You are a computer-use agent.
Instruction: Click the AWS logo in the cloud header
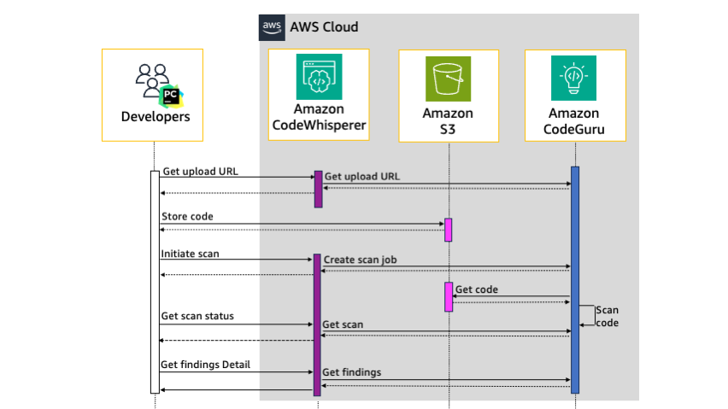click(273, 26)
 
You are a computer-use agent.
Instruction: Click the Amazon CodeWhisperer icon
click(318, 79)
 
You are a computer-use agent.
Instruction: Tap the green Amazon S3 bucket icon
click(449, 79)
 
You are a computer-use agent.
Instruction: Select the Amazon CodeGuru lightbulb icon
click(574, 79)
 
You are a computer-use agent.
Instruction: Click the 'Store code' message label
click(187, 217)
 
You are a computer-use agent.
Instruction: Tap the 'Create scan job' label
click(360, 259)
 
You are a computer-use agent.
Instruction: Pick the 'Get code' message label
click(477, 289)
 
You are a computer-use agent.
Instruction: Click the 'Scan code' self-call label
click(607, 316)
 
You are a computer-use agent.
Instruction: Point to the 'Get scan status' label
click(197, 316)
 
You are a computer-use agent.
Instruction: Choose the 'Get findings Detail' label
click(204, 365)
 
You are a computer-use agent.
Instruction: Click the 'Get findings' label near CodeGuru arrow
click(351, 372)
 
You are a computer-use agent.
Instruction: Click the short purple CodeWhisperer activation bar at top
click(318, 189)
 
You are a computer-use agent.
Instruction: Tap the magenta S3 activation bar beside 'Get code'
click(448, 296)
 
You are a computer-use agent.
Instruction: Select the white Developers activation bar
click(155, 282)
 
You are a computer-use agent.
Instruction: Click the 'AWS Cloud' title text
click(324, 26)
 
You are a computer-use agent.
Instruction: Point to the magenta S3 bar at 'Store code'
click(448, 230)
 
